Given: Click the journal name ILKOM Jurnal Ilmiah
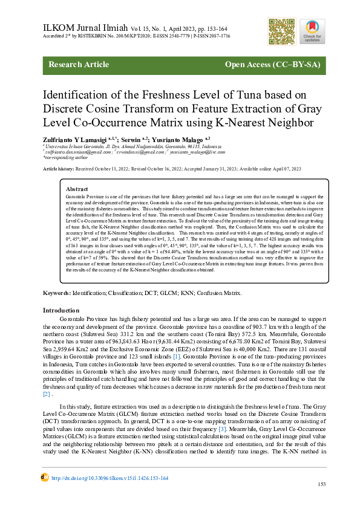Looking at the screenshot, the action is coord(84,28).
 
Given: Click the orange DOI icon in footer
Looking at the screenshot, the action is coord(45,478).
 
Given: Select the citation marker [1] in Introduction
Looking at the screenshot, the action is coord(177,357).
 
